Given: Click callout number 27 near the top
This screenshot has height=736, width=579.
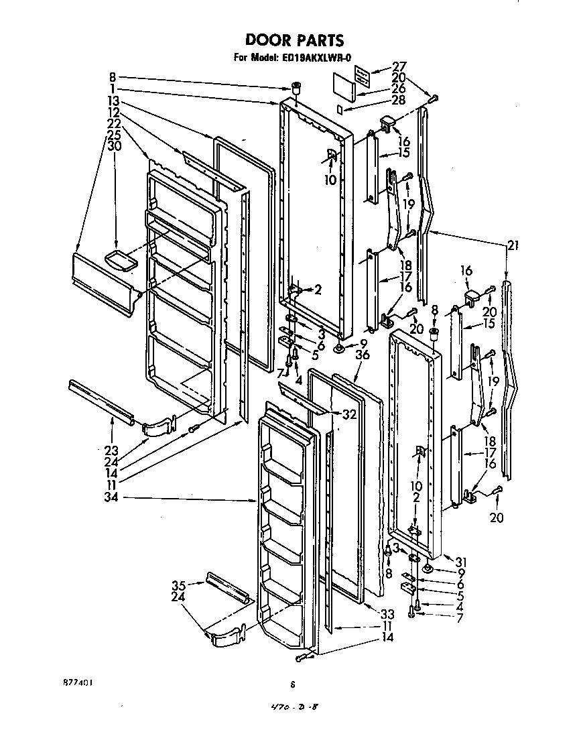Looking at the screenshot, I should click(399, 67).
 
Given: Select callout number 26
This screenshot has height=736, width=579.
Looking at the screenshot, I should click(399, 88).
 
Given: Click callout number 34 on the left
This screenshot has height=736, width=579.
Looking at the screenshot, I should click(113, 497).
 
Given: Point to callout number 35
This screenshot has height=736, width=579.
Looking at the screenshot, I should click(178, 585).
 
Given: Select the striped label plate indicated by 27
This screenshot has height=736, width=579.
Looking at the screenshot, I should click(362, 75).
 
